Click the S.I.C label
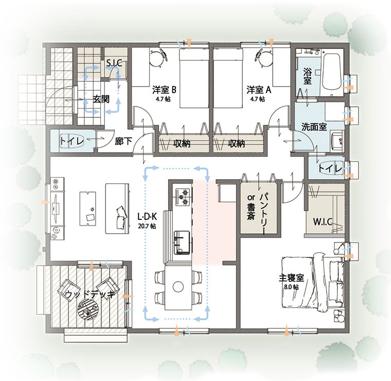tap(114, 63)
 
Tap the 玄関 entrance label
tap(101, 99)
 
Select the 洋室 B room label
tap(164, 90)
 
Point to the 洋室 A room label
tap(259, 90)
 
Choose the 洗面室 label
tap(314, 127)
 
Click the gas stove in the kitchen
tap(184, 197)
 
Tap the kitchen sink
tap(182, 243)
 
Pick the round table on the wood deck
tap(88, 309)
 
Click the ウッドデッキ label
tap(90, 295)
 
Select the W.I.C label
tap(323, 221)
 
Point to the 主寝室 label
tap(291, 278)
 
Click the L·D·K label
tap(147, 217)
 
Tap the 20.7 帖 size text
tap(147, 226)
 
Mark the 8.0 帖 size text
tap(291, 287)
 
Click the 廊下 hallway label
tap(123, 142)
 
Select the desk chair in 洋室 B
tap(158, 57)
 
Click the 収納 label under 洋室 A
tap(236, 144)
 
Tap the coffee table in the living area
tap(88, 209)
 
